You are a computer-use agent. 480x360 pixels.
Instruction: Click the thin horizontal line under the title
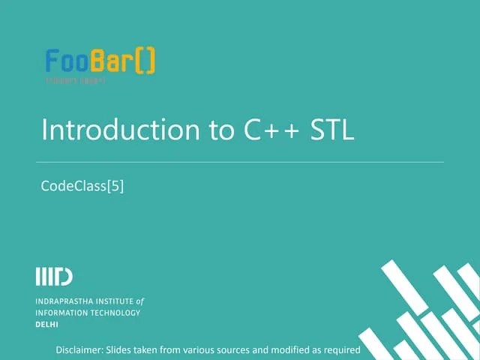tap(240, 161)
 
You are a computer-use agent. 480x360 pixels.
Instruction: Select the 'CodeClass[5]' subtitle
tap(82, 186)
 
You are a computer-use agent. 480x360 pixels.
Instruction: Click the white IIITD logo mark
tap(54, 276)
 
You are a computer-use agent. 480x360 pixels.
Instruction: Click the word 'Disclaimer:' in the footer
tap(80, 350)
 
